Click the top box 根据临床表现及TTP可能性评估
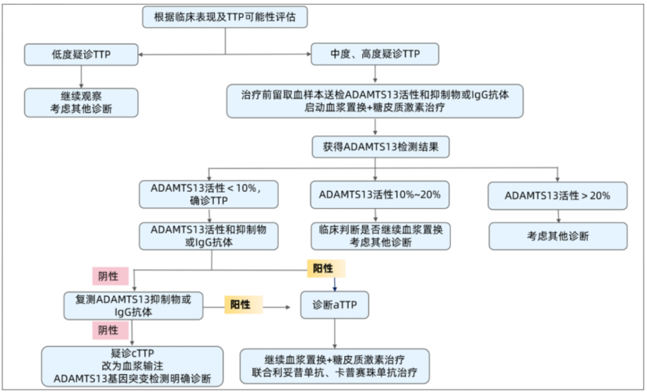coord(226,16)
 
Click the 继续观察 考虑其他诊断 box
coord(81,102)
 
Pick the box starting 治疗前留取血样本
coord(374,101)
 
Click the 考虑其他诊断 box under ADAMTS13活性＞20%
coord(557,235)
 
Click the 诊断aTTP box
coord(335,304)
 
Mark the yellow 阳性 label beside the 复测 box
coord(244,304)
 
